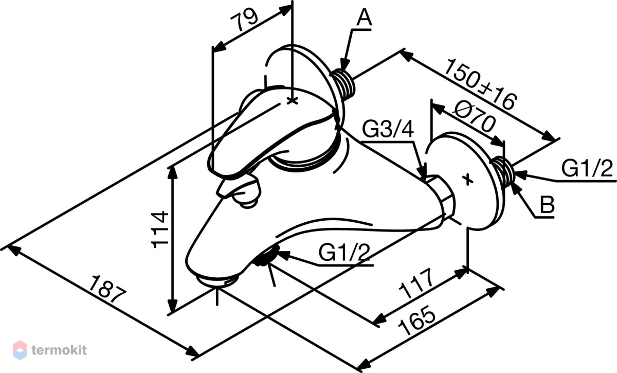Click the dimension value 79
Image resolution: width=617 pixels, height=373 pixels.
click(244, 21)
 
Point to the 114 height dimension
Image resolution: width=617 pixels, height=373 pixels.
click(160, 229)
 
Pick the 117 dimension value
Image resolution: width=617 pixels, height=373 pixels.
click(416, 283)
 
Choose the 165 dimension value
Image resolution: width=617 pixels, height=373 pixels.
click(417, 320)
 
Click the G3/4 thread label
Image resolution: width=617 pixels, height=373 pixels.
click(388, 129)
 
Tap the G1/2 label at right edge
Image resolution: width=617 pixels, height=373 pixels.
click(587, 168)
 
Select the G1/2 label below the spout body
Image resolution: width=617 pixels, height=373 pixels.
click(344, 252)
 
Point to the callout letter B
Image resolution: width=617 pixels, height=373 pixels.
click(547, 205)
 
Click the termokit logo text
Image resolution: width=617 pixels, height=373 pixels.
click(59, 350)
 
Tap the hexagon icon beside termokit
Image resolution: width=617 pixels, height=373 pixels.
click(20, 350)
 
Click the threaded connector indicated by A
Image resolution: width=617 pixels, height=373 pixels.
click(343, 83)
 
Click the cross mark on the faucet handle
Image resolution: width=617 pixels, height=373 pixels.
click(292, 101)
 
